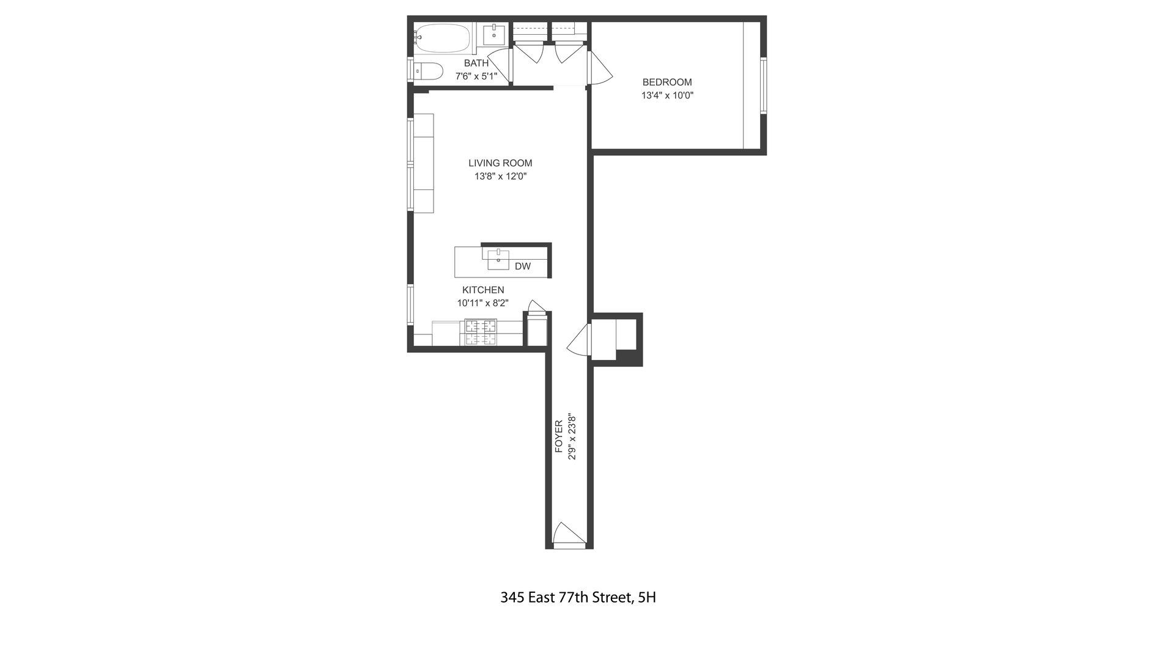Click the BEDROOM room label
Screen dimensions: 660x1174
coord(666,82)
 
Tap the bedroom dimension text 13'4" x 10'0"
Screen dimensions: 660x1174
coord(666,95)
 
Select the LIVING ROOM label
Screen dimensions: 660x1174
coord(500,163)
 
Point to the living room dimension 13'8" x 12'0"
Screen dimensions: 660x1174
coord(500,177)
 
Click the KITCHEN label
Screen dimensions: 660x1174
coord(483,290)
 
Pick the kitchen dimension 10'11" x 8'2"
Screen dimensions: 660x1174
coord(483,303)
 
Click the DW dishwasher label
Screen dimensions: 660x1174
coord(522,266)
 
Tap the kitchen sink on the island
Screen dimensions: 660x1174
coord(498,260)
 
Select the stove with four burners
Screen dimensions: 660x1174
coord(481,333)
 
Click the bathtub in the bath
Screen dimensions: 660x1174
coord(442,38)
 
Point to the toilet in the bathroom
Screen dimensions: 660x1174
coord(429,71)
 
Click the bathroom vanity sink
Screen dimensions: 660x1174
coord(493,34)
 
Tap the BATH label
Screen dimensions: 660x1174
coord(476,63)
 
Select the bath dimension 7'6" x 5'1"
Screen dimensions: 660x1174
coord(476,76)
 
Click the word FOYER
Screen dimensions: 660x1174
coord(559,436)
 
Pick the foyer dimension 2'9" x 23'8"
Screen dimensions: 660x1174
coord(572,436)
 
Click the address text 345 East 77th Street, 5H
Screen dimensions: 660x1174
coord(578,598)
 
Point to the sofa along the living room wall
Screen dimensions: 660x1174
coord(423,163)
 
